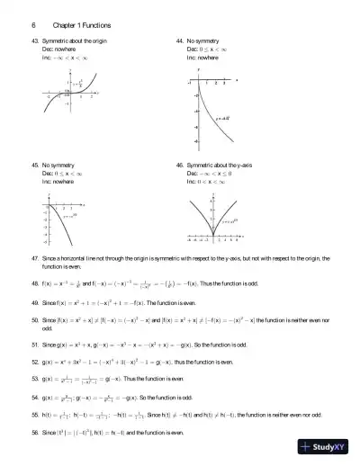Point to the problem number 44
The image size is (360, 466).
180,41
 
